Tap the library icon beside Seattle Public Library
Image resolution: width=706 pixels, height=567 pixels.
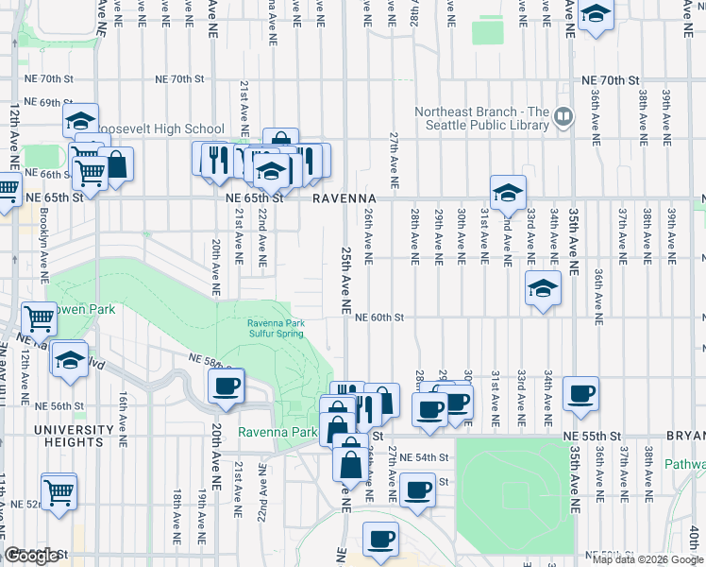point(563,116)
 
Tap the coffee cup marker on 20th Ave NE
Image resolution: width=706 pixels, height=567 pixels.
point(227,387)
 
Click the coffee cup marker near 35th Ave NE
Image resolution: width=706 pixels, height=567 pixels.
point(580,392)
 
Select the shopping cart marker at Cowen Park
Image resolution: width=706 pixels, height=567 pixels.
point(39,319)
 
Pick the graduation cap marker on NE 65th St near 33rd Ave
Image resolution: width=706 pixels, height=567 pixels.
point(508,193)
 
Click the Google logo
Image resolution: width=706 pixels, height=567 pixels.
point(31,557)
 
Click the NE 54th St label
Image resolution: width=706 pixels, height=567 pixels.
point(424,457)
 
